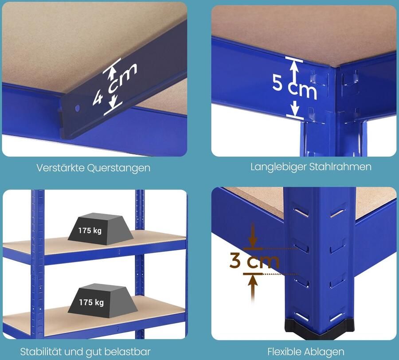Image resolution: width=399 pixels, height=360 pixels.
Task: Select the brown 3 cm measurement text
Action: [x=254, y=261]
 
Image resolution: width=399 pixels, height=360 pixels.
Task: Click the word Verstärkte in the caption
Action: [x=61, y=168]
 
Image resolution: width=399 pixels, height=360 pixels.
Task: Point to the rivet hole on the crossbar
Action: [x=77, y=107]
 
